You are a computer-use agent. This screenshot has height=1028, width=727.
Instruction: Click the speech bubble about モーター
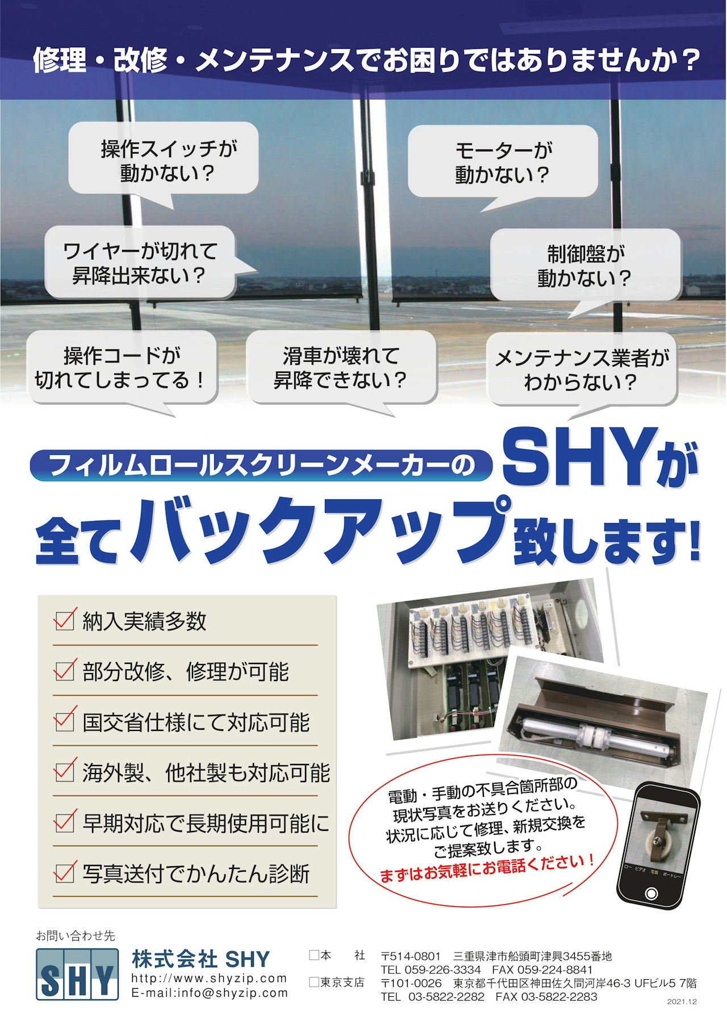[503, 162]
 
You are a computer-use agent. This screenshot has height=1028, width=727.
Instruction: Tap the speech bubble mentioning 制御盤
[585, 266]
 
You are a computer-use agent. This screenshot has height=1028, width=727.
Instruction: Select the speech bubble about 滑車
[341, 367]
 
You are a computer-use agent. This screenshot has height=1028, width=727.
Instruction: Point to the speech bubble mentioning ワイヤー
[140, 262]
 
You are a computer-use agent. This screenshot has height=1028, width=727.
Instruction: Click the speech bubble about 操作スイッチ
[164, 159]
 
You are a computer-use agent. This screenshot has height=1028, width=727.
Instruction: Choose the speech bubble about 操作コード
[122, 367]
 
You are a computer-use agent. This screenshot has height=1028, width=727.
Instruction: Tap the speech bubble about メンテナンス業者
[582, 369]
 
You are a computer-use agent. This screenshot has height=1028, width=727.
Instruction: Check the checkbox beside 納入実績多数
[64, 620]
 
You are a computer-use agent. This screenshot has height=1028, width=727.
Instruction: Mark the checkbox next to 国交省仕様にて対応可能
[64, 721]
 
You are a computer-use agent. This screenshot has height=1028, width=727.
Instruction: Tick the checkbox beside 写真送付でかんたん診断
[64, 872]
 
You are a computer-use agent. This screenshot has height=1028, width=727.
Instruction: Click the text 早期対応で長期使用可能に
[206, 823]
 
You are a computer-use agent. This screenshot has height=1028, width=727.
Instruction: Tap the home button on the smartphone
[651, 893]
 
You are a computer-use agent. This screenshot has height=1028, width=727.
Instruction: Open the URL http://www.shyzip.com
[209, 979]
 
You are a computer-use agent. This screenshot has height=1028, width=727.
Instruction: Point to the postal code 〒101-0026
[411, 983]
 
